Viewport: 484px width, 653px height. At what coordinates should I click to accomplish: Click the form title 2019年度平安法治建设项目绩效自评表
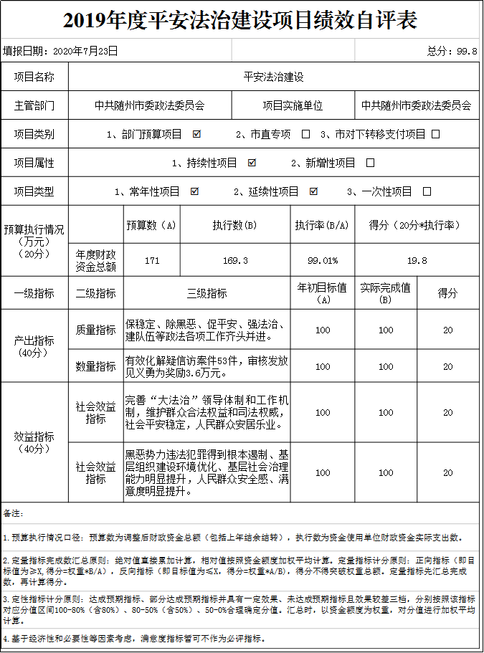(x=240, y=19)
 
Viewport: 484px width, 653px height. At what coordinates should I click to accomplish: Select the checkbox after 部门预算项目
(x=196, y=134)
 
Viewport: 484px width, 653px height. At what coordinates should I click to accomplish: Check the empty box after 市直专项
(x=306, y=134)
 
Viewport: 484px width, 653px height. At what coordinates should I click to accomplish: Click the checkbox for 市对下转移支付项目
(x=435, y=134)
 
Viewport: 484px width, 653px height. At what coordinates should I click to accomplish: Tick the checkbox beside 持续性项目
(x=252, y=163)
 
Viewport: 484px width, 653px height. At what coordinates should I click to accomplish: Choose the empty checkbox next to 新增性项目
(x=370, y=163)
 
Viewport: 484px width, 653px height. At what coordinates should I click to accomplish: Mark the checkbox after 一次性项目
(x=427, y=191)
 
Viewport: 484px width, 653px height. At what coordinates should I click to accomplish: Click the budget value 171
(x=151, y=260)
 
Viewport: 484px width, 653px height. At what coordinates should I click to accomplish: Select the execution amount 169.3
(x=235, y=260)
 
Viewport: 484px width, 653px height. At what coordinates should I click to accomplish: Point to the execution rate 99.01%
(x=322, y=260)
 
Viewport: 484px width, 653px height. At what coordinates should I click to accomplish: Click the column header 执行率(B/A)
(x=322, y=225)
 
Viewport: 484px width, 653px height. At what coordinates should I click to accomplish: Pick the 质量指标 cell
(x=95, y=330)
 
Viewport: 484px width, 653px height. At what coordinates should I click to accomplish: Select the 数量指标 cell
(x=95, y=366)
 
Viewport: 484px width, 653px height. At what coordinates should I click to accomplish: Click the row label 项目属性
(x=34, y=163)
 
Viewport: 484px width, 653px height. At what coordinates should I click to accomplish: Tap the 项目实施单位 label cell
(x=293, y=105)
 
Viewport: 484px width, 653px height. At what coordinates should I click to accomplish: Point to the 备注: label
(x=14, y=513)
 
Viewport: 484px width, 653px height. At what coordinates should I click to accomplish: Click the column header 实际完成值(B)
(x=386, y=292)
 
